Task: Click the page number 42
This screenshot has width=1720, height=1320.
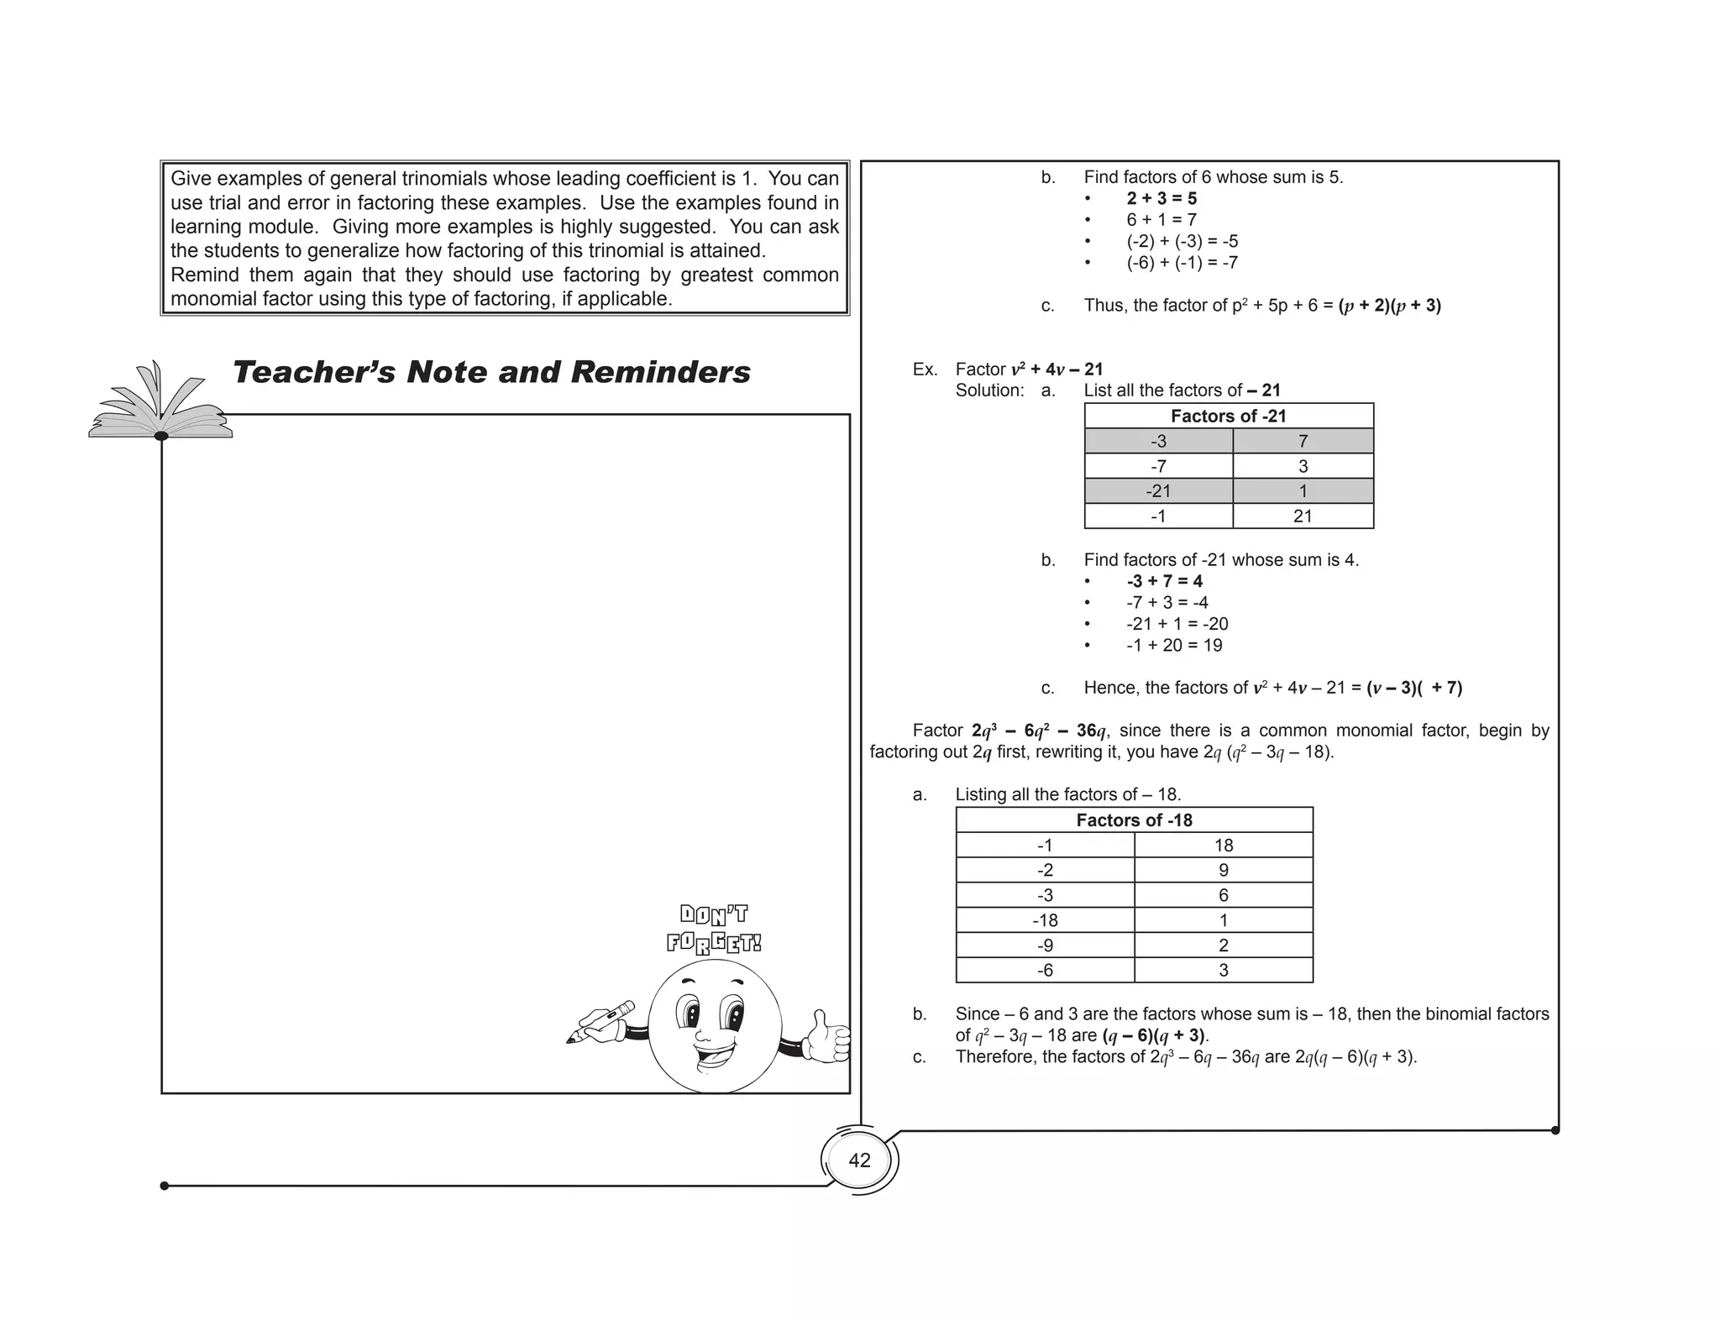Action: (x=859, y=1160)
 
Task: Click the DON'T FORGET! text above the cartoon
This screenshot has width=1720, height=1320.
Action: (x=714, y=929)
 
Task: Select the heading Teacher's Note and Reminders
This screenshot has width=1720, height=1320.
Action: (x=490, y=373)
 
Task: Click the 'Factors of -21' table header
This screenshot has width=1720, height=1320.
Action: (x=1228, y=416)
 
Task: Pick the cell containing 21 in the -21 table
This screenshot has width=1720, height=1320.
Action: (x=1302, y=516)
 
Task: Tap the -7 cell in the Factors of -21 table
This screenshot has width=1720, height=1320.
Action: (x=1158, y=467)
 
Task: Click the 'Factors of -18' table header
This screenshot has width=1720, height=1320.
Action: (x=1134, y=820)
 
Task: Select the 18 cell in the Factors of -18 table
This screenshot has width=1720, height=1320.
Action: (x=1223, y=846)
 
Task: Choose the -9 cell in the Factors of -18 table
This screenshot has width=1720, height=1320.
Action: (x=1045, y=945)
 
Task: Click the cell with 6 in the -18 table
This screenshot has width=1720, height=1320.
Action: (x=1223, y=895)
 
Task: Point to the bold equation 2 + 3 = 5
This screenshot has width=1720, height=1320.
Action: (x=1162, y=199)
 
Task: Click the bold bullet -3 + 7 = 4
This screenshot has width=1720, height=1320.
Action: (x=1164, y=581)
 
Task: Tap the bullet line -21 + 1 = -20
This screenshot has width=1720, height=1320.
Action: (x=1177, y=624)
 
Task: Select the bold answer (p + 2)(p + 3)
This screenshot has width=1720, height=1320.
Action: (x=1389, y=306)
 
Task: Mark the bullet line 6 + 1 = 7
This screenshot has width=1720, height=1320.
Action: (x=1162, y=220)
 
